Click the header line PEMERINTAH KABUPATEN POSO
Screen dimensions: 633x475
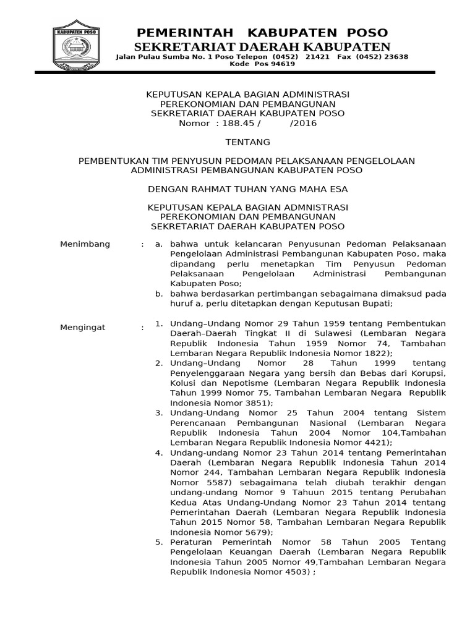click(x=262, y=33)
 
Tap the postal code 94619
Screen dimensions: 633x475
click(x=281, y=64)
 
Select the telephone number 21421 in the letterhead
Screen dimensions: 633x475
click(x=318, y=56)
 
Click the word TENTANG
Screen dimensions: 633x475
click(x=247, y=142)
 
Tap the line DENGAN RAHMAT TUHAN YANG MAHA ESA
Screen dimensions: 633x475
click(x=247, y=189)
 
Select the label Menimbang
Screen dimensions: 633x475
click(x=85, y=244)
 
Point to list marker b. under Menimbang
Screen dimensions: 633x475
click(x=159, y=294)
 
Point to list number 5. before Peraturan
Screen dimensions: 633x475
click(x=159, y=542)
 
